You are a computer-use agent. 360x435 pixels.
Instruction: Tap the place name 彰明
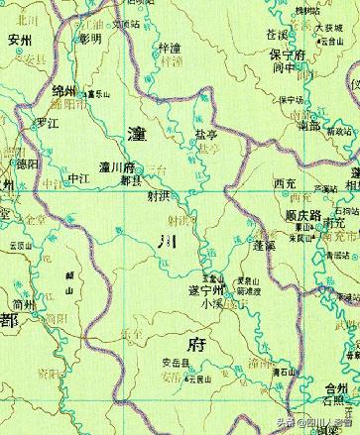pos(90,39)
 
